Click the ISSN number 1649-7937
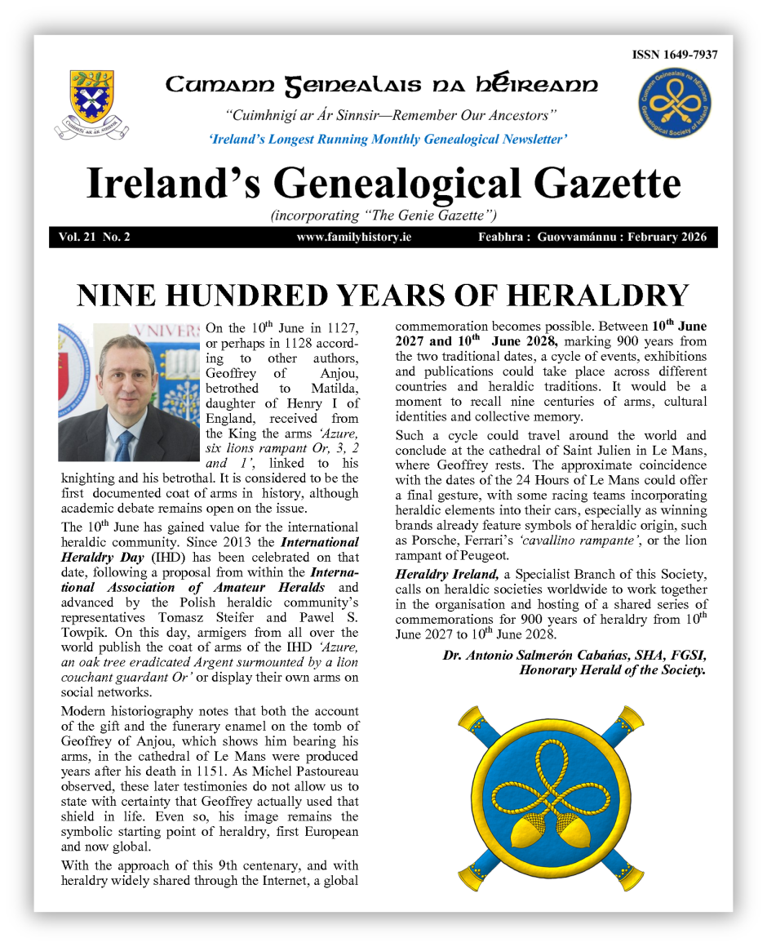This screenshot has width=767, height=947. pos(674,55)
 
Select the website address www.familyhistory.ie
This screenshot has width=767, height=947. pos(348,238)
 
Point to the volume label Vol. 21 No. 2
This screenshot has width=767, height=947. pos(95,238)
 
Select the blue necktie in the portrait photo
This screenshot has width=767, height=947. pos(124,445)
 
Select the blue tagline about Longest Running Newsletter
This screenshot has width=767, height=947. pos(388,139)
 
